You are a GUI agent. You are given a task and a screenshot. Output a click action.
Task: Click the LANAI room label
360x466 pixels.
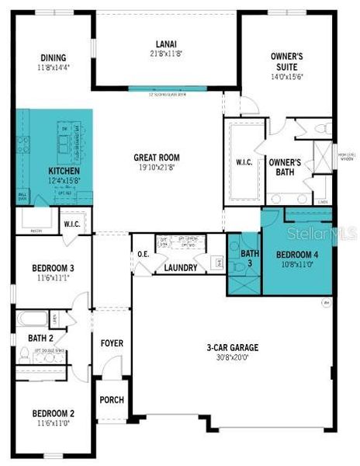point(164,43)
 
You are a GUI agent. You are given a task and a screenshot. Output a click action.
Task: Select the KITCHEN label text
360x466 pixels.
point(64,171)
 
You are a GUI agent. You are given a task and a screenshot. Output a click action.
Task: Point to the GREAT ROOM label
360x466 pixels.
point(157,157)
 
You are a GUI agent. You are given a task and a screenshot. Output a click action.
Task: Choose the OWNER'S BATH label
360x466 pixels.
point(285,168)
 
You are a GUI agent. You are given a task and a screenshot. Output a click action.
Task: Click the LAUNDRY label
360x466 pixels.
point(180,268)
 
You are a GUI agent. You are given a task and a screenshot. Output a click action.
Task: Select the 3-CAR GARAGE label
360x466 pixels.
point(232,348)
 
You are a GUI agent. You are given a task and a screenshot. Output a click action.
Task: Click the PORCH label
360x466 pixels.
point(112,400)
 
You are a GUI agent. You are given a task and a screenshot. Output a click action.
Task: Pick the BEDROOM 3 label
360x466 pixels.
point(53,267)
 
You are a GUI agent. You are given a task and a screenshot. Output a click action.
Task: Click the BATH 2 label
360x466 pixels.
point(40,338)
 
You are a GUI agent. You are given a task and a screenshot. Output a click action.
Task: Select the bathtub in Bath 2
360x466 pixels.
point(32,317)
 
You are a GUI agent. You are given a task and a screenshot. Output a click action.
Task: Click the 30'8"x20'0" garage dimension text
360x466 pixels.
point(232,358)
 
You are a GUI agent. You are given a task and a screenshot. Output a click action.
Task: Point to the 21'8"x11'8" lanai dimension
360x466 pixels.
point(164,53)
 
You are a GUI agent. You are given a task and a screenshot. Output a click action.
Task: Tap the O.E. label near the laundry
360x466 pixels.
point(144,254)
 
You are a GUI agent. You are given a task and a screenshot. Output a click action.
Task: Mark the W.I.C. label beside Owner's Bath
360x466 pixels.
point(247,163)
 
